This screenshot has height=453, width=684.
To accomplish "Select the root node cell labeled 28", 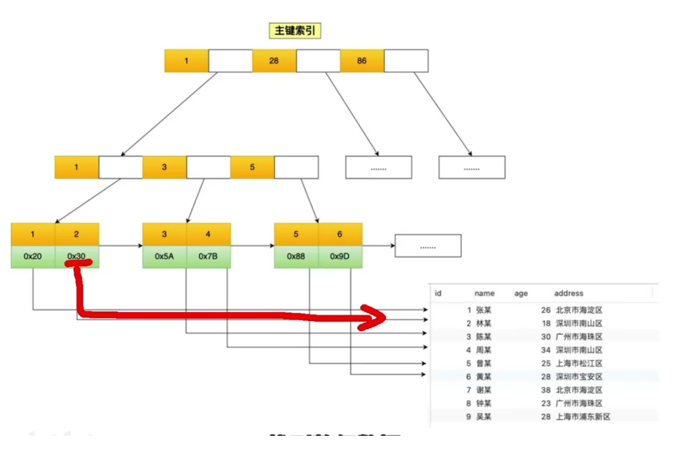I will click(x=274, y=61).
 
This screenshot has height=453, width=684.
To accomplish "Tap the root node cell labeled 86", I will click(x=362, y=61).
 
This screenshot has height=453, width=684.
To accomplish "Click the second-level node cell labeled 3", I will click(x=164, y=167).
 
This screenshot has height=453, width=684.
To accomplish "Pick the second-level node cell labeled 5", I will click(x=252, y=167).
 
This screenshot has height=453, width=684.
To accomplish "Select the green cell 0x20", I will click(x=33, y=256).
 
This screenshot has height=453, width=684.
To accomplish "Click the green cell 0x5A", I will click(x=164, y=256).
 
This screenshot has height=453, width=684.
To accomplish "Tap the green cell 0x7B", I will click(x=209, y=256).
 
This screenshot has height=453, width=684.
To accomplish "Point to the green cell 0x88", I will click(x=296, y=256).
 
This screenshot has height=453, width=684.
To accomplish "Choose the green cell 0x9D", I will click(x=340, y=256).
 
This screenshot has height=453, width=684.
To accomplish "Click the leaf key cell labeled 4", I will click(x=209, y=234).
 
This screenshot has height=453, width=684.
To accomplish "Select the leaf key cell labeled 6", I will click(x=340, y=234).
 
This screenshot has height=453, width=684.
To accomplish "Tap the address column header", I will click(x=568, y=293).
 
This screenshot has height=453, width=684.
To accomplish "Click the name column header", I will click(x=485, y=293).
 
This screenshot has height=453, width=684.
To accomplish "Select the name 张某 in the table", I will click(x=484, y=310).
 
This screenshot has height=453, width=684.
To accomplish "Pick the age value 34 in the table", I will click(x=545, y=350).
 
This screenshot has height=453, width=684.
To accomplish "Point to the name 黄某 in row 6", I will click(x=484, y=377).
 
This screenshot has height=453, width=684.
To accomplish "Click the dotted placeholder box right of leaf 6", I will click(x=428, y=246).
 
